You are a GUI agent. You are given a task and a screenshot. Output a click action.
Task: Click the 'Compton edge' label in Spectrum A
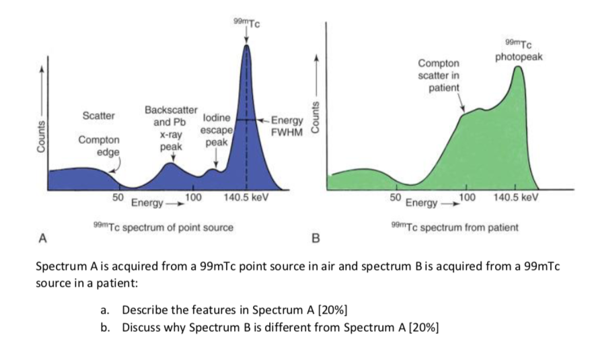(100, 146)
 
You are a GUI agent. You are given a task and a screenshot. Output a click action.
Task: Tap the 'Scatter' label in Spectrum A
(98, 115)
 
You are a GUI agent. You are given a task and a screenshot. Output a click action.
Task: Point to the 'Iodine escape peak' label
(217, 131)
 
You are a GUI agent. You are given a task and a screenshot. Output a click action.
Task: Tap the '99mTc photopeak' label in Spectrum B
(519, 51)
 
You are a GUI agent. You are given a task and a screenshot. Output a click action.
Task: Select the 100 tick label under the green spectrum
(467, 197)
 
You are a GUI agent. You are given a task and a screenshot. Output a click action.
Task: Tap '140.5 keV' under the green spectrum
(516, 197)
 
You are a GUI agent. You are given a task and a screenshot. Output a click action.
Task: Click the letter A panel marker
(43, 237)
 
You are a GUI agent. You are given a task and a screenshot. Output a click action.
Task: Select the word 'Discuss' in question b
(141, 328)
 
